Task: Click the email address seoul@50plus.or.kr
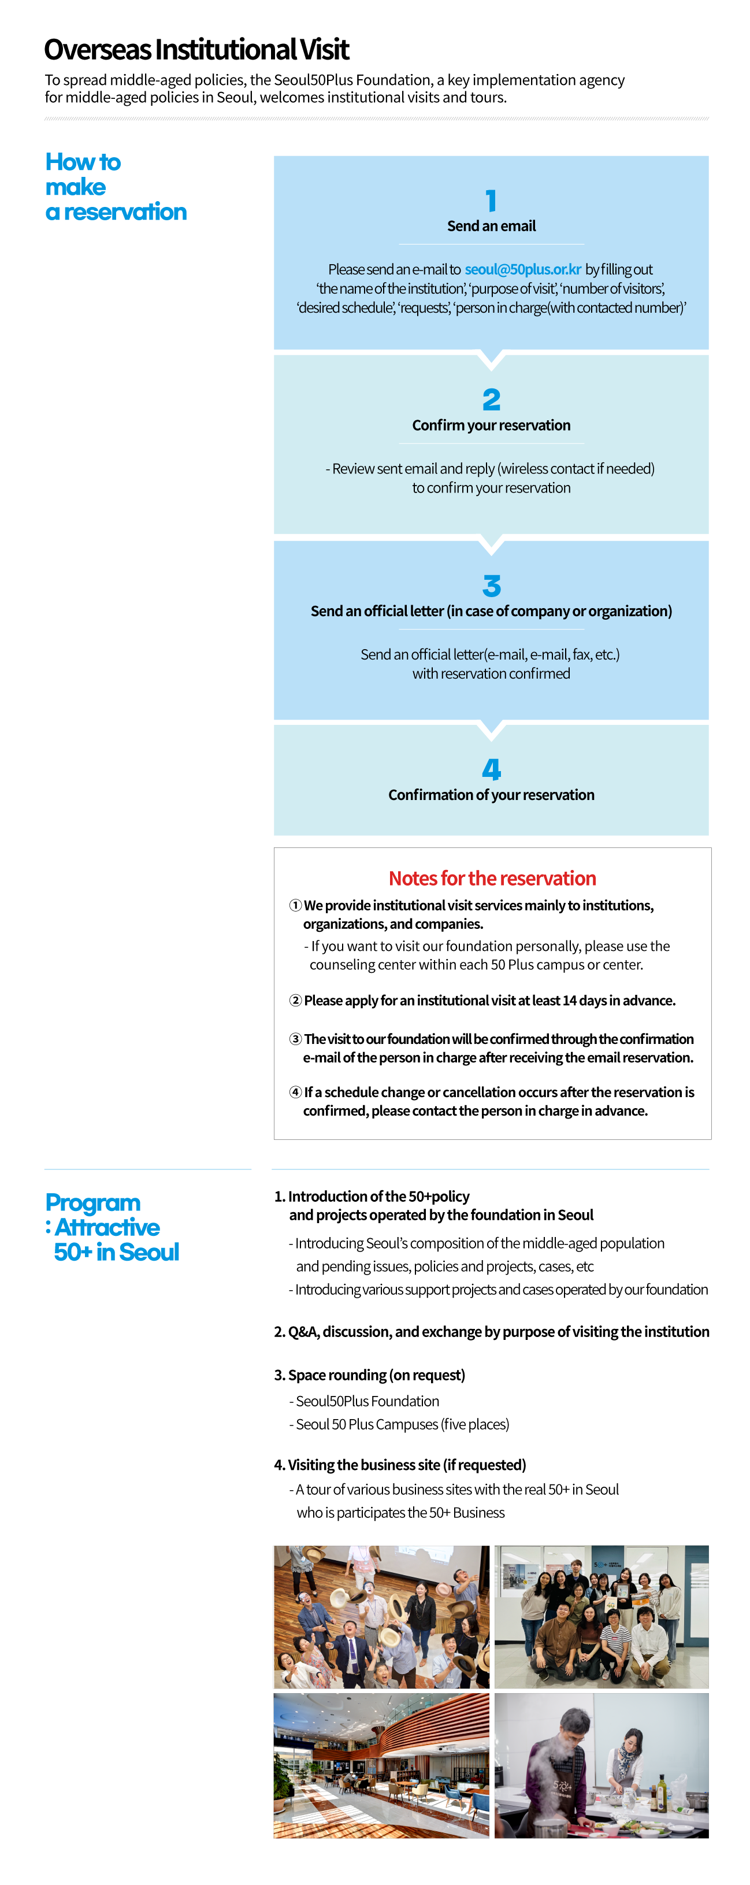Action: (x=522, y=269)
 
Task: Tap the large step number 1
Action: (x=491, y=201)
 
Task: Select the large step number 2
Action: (x=491, y=399)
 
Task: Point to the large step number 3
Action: (x=491, y=586)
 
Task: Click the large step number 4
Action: (x=491, y=769)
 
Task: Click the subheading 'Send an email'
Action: (x=491, y=226)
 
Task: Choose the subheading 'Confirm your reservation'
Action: (x=491, y=425)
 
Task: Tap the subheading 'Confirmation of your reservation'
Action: (x=491, y=795)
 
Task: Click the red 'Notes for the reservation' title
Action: (x=492, y=878)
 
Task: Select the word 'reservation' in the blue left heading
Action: (x=125, y=212)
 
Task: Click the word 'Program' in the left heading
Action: (x=93, y=1203)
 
